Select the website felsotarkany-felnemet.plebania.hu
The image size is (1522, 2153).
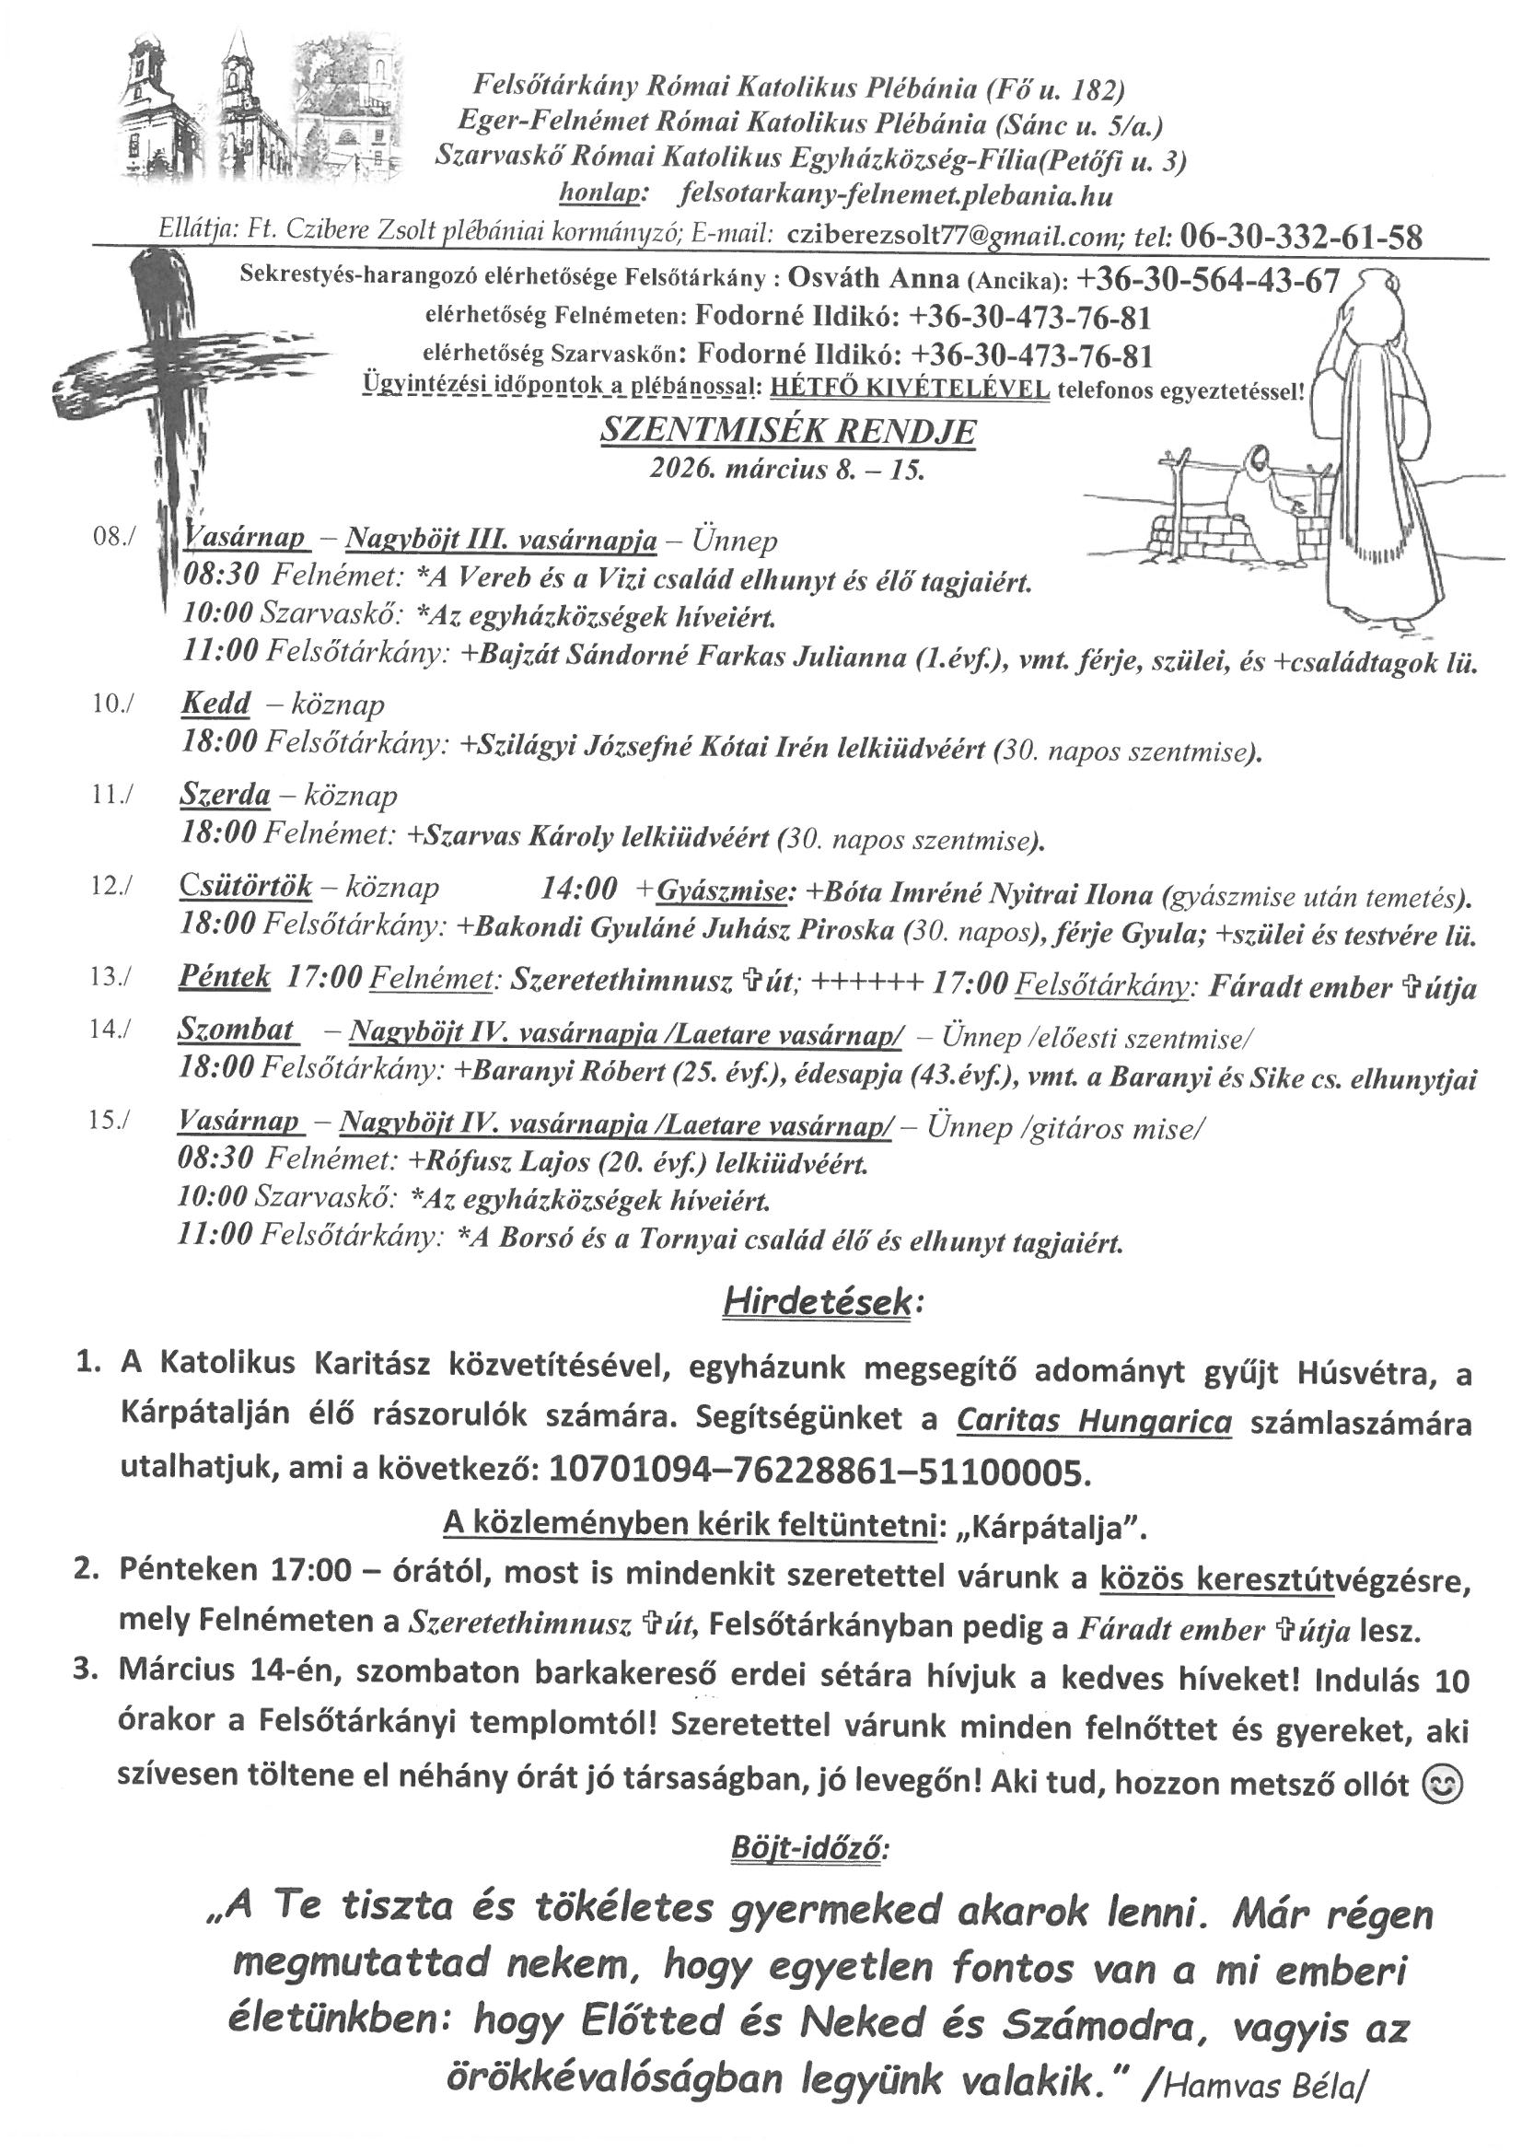point(895,196)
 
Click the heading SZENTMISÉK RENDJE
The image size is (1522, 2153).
point(788,431)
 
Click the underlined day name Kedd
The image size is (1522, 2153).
point(215,704)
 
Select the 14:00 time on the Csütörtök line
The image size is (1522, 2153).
point(578,887)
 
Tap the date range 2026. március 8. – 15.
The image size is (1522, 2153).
point(788,469)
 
